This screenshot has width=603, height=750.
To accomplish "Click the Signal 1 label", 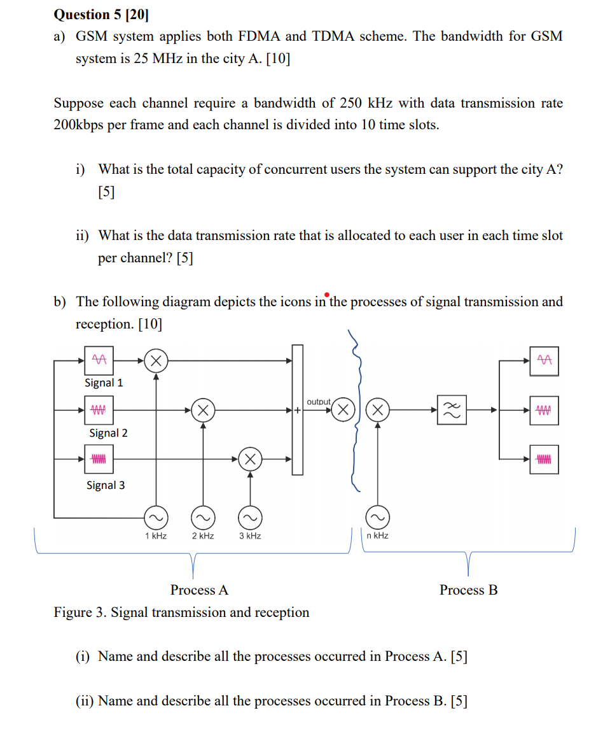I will pos(104,383).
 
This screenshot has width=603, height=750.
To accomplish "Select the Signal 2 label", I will pos(108,433).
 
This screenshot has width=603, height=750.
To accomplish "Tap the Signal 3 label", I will pos(106,485).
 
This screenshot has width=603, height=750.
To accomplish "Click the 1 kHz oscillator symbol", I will pos(155,516).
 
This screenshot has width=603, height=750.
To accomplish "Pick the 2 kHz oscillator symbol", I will pos(203,516).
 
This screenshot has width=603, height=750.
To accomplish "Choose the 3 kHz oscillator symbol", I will pos(250,516).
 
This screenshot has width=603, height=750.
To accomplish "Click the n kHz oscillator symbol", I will pos(378,516).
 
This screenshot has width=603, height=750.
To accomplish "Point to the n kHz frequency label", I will pos(377,536).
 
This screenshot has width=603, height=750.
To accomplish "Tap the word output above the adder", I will pos(319,402).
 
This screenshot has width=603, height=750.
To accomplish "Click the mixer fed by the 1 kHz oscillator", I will pos(156,360).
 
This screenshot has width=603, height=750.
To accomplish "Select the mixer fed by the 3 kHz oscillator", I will pos(250,458).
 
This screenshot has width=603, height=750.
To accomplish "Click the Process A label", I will pos(199,590).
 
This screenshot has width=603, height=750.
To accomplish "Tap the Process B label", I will pos(468,590).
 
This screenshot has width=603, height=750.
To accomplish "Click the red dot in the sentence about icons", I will pos(326,295).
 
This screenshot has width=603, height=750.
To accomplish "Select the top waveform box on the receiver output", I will pos(544,360).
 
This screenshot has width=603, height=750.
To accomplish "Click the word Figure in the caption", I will pos(73,612).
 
